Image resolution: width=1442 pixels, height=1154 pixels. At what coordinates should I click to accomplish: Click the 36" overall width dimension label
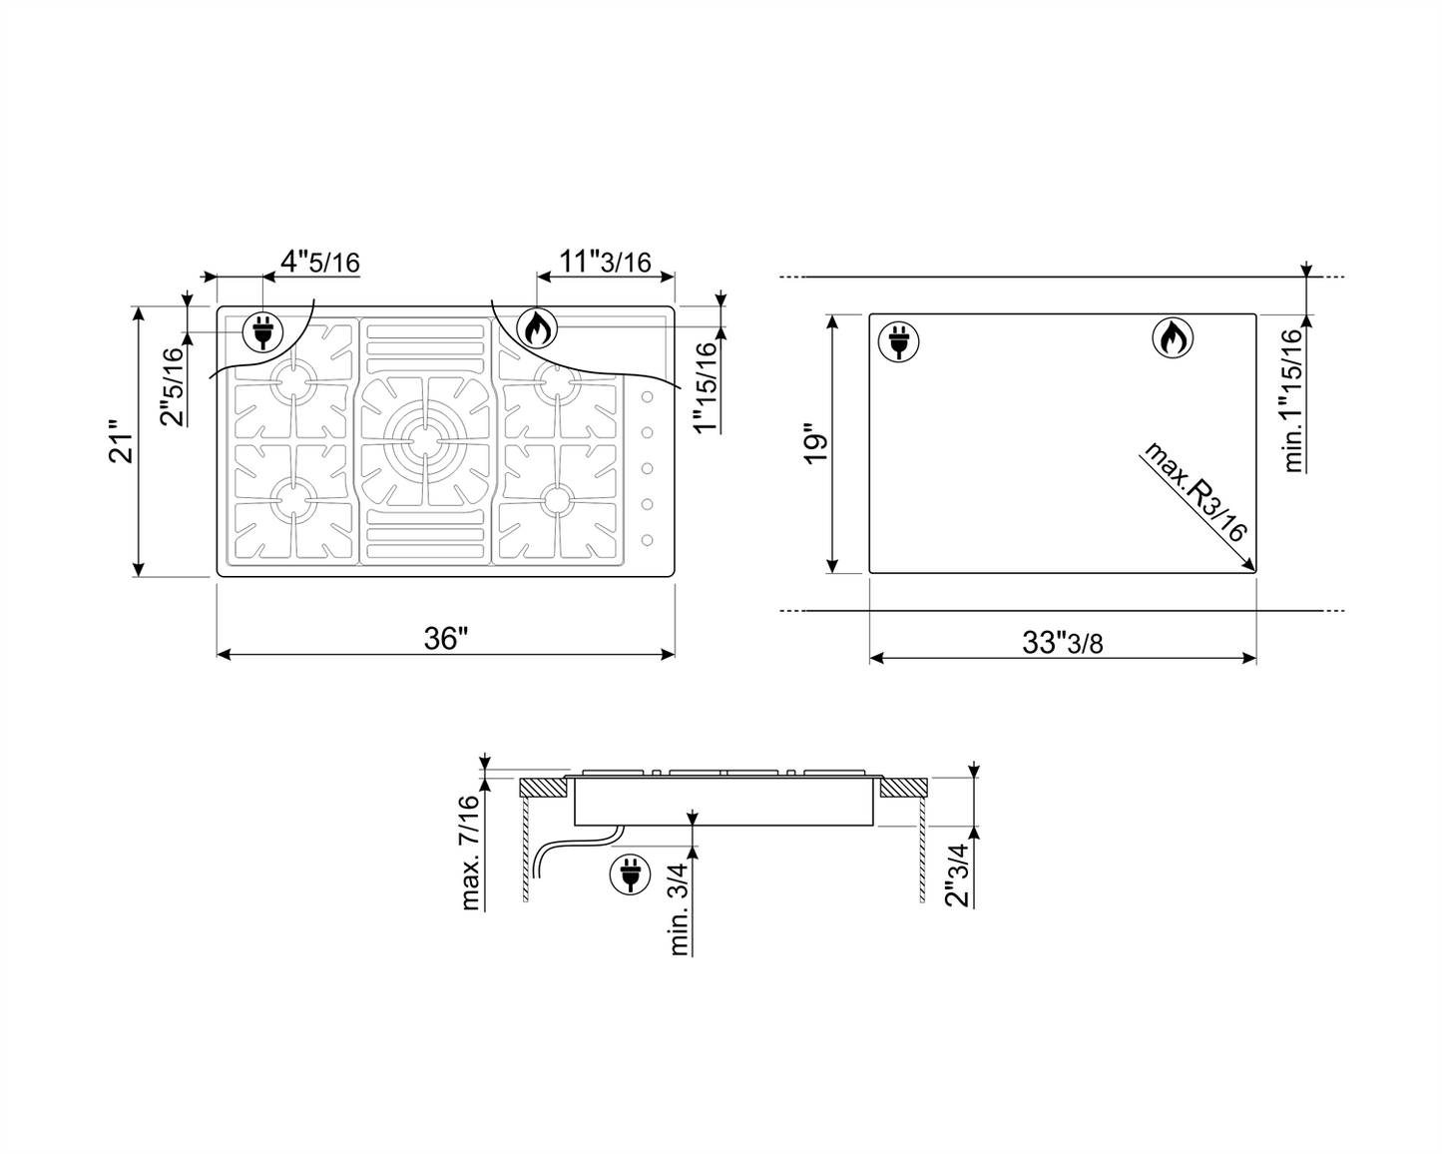[446, 638]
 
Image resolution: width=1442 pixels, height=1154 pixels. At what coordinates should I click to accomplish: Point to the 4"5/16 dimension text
[319, 263]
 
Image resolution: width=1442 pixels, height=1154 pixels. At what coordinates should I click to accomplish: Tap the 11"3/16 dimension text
[605, 262]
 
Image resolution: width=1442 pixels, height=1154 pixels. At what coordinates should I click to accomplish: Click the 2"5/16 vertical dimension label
[172, 385]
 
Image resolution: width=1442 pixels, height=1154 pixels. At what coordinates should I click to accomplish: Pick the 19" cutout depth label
[815, 444]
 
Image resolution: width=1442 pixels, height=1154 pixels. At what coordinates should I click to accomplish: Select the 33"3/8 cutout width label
[1063, 642]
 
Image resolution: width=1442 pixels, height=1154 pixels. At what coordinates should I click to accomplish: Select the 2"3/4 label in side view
[958, 875]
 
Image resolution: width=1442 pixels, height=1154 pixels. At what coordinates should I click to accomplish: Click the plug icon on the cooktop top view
[261, 332]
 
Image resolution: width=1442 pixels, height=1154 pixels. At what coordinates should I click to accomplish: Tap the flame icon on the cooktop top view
[537, 327]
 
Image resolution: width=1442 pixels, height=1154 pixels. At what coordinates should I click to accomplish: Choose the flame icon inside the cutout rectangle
[1173, 338]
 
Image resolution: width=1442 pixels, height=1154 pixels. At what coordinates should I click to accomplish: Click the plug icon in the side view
[628, 875]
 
